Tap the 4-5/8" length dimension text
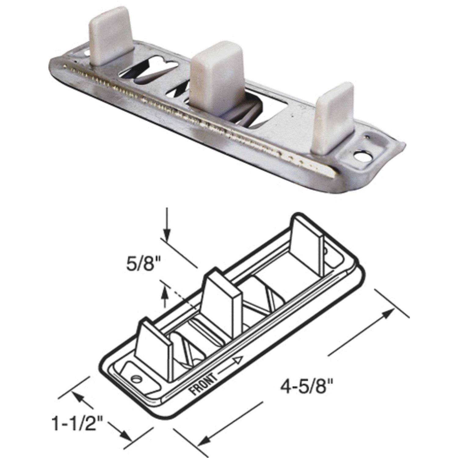coord(306,389)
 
